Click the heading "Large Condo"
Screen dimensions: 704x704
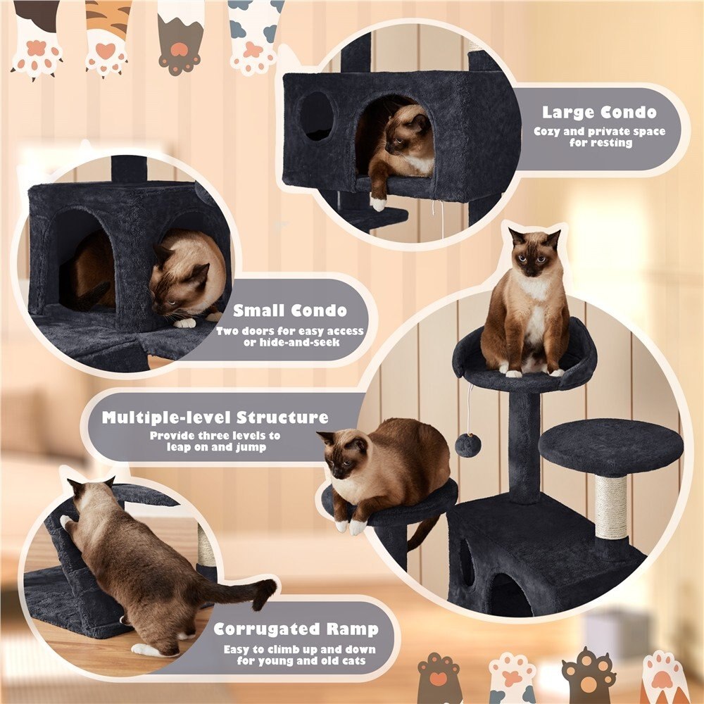point(598,113)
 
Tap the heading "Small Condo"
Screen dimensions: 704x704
point(290,310)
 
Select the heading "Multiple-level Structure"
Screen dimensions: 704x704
point(215,417)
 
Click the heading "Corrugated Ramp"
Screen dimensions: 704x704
point(296,629)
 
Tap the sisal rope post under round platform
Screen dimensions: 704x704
point(611,507)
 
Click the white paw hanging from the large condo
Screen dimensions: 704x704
point(379,204)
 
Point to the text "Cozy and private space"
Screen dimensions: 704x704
point(598,132)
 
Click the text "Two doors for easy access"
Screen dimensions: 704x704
point(290,331)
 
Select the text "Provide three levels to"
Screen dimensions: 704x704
point(215,436)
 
